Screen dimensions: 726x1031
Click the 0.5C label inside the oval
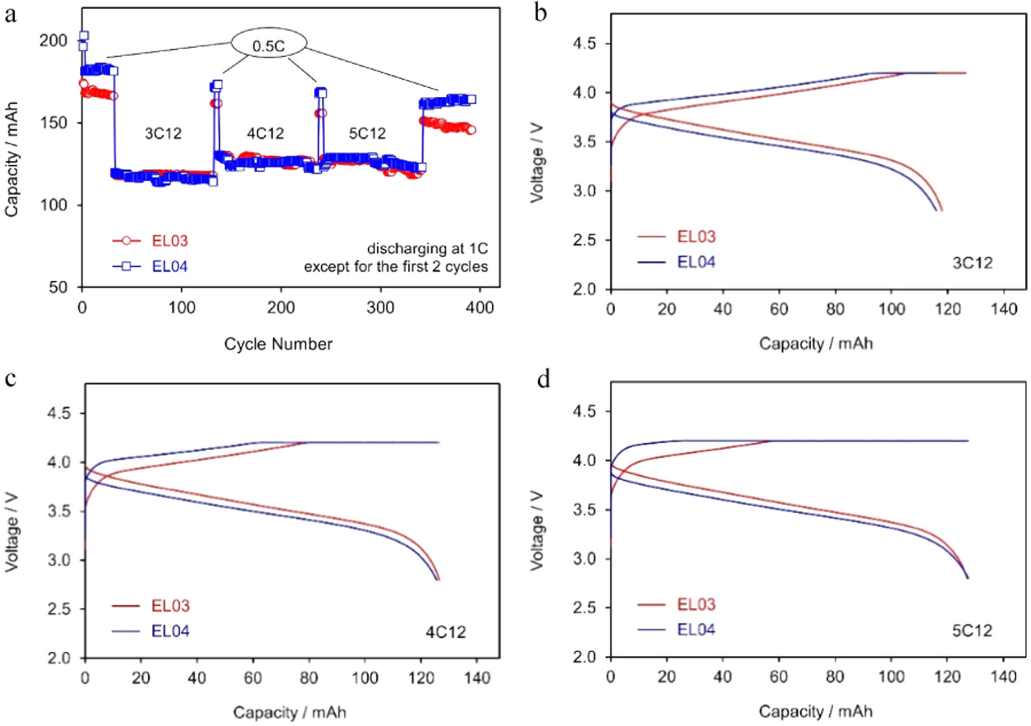pos(269,46)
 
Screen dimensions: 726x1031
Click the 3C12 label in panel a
pos(163,134)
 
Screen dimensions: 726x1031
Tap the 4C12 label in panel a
pos(265,134)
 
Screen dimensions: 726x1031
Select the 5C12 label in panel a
pos(367,134)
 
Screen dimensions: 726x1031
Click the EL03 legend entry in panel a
pos(169,241)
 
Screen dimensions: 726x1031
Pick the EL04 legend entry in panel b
pos(696,262)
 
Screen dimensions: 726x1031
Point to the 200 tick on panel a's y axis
pos(53,41)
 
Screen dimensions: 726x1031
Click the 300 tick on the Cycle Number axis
pos(380,308)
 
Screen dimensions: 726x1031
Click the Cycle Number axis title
pos(278,344)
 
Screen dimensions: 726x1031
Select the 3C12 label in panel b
pos(972,263)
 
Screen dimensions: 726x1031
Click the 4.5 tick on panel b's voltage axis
pos(584,44)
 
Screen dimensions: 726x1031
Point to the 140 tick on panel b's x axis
pos(1003,309)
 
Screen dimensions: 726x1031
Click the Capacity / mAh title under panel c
pos(289,712)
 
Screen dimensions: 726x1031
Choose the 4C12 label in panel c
pos(446,632)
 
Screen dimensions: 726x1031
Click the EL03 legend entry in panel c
pos(170,606)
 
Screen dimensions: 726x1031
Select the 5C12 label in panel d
pos(972,631)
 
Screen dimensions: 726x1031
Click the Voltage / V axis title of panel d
pos(536,531)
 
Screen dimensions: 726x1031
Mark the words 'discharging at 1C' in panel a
pos(427,249)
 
